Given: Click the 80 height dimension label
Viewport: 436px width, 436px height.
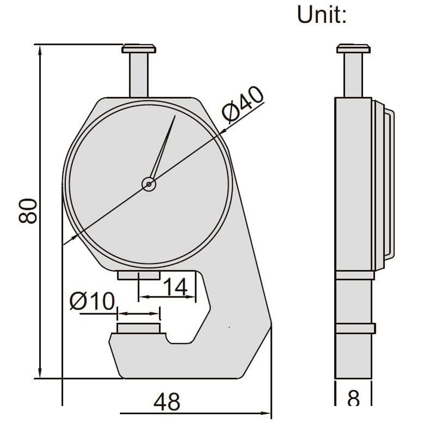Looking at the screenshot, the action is [x=28, y=211].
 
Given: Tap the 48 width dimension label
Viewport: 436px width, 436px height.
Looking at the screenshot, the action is [x=167, y=402].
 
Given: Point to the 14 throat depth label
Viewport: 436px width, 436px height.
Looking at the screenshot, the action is [x=175, y=287].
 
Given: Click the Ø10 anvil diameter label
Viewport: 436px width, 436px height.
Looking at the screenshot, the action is [x=92, y=301].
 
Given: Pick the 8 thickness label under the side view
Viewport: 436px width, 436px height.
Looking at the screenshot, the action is [x=353, y=398].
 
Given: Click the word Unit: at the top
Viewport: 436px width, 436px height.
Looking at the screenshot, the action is [x=322, y=15].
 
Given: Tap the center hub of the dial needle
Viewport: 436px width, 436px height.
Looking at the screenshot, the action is [x=149, y=184].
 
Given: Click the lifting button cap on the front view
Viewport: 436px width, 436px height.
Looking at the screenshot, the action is [x=139, y=49].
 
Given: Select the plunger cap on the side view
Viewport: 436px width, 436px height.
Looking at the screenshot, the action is [x=353, y=49].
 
